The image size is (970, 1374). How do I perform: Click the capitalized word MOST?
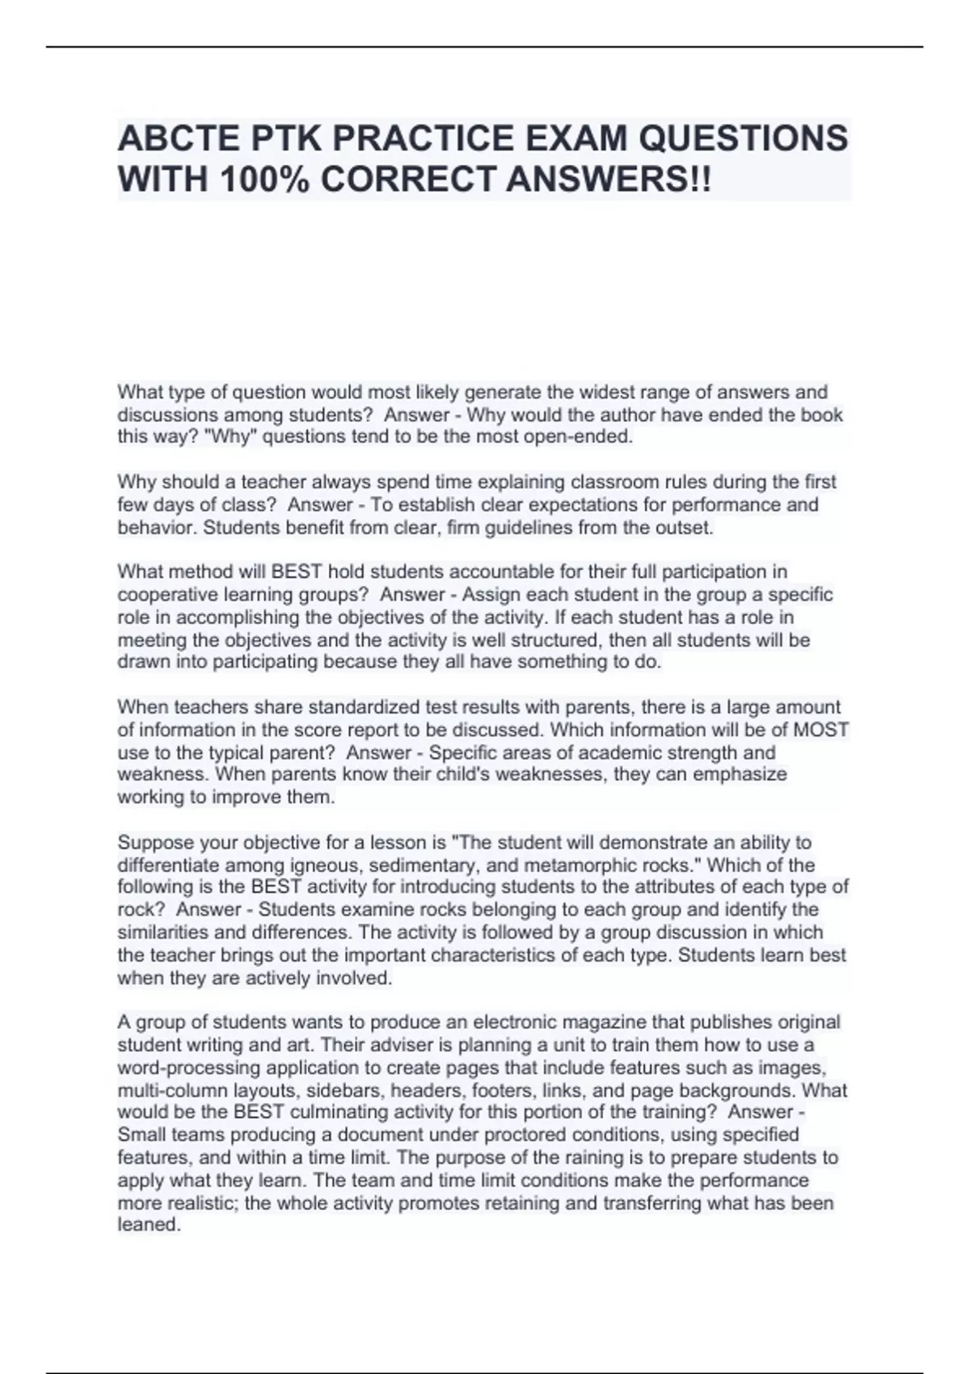820,730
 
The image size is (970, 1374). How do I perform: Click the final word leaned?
149,1224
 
